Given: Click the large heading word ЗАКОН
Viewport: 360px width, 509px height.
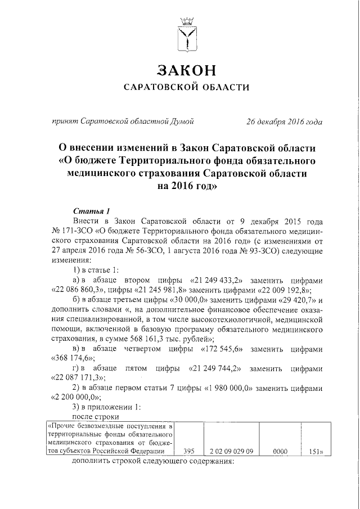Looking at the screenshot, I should (x=186, y=71).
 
